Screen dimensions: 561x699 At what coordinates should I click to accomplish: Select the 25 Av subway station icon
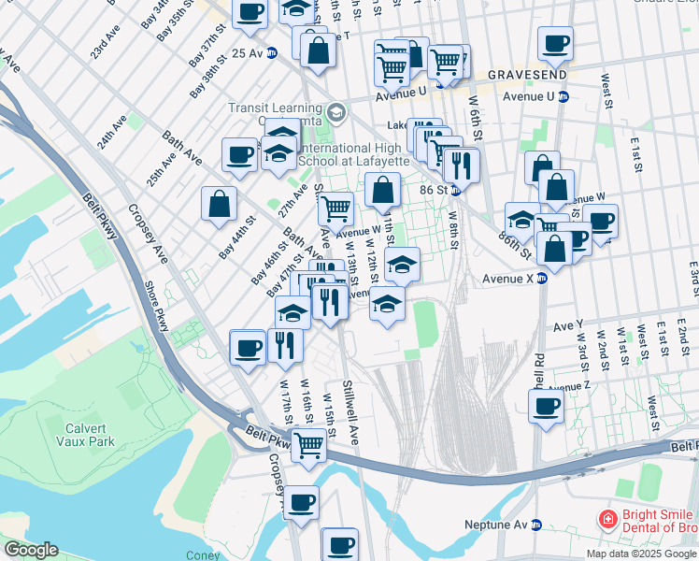pos(272,54)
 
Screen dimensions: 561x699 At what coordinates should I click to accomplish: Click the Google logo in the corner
pos(30,550)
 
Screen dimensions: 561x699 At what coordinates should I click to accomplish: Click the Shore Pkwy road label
pos(159,300)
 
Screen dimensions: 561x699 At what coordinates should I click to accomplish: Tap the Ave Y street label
pos(568,326)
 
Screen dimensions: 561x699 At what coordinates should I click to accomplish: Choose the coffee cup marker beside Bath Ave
pos(239,153)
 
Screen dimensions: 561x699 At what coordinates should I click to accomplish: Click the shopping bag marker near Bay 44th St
pos(219,204)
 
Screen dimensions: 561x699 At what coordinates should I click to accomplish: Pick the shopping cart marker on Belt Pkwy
pos(307,444)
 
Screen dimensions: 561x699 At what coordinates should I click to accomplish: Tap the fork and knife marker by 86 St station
pos(461,165)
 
